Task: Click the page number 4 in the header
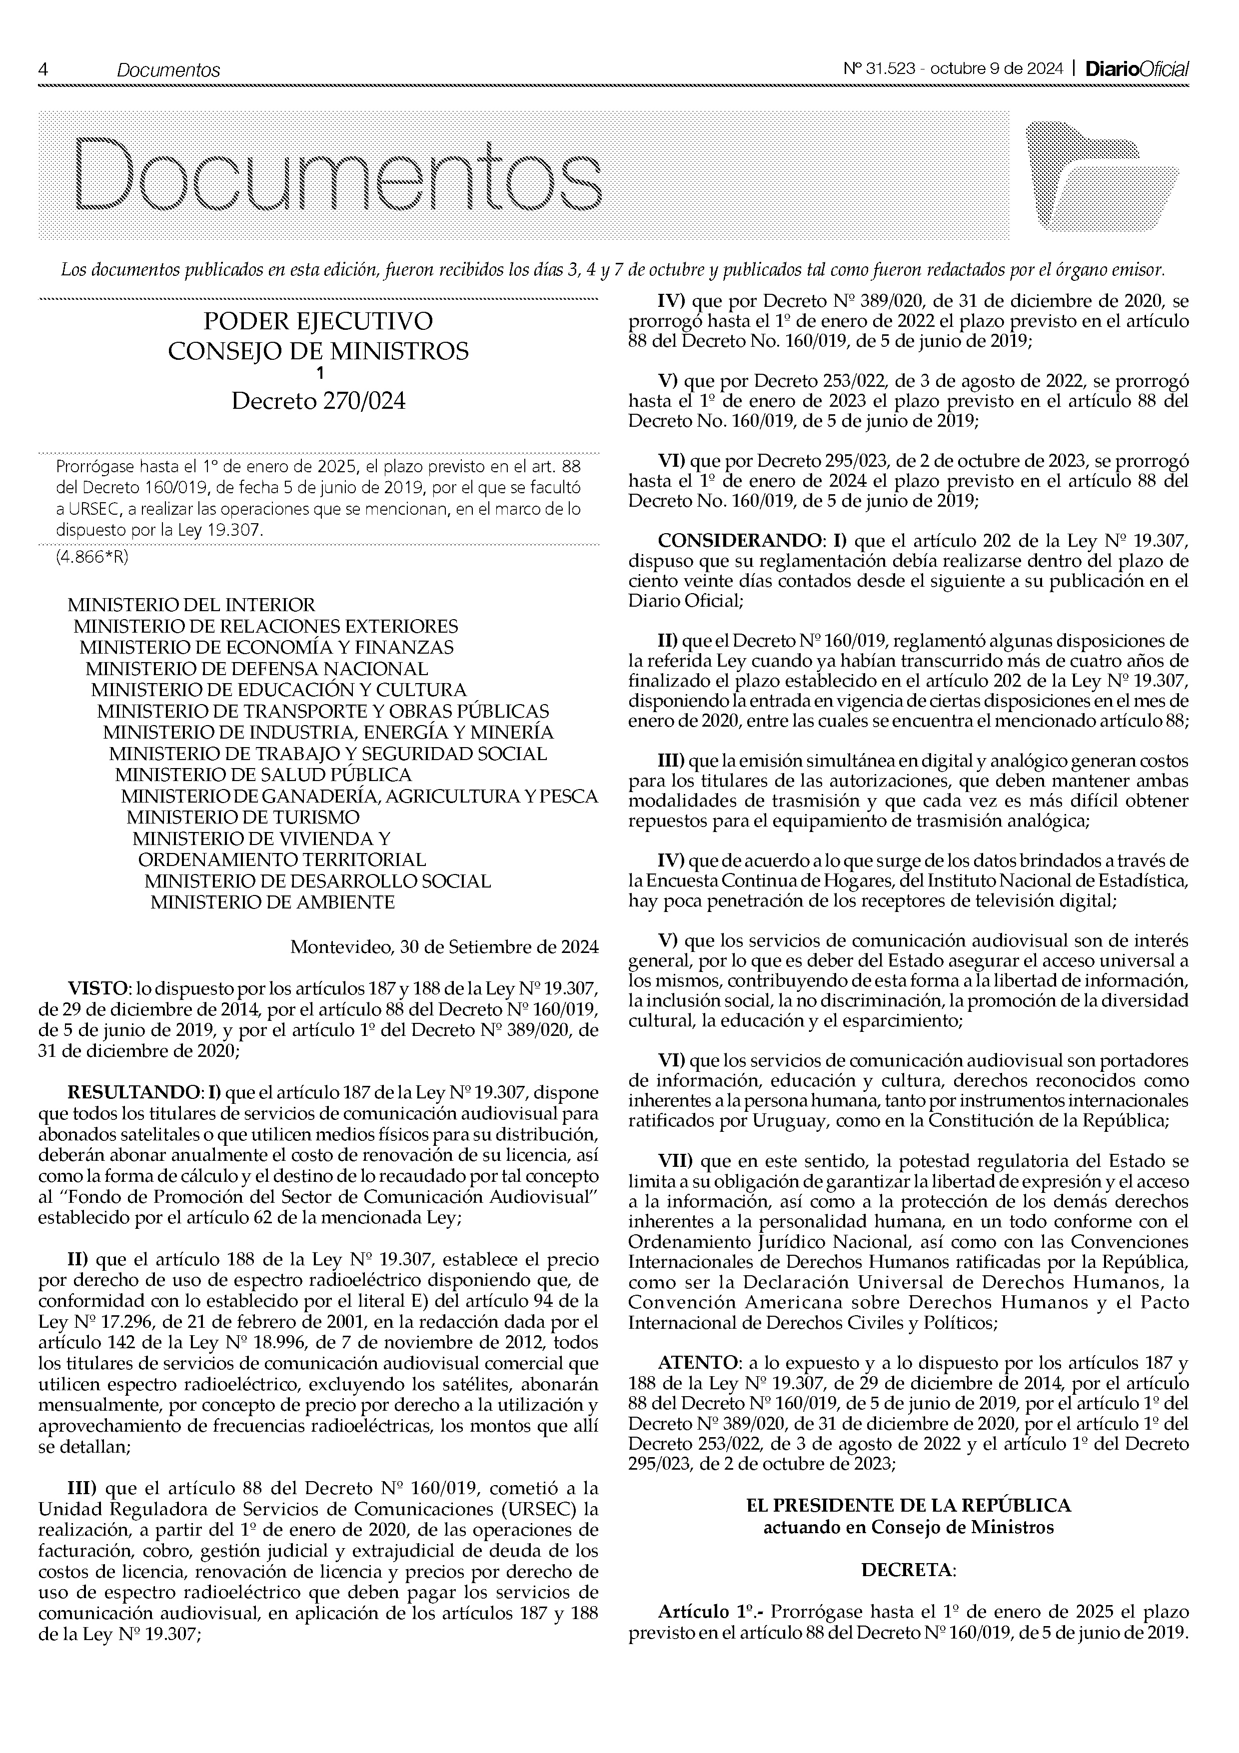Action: point(43,69)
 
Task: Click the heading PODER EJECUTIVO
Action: point(318,321)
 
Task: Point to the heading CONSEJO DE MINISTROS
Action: point(318,351)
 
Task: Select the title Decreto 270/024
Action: point(318,401)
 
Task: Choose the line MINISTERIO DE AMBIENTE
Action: point(272,902)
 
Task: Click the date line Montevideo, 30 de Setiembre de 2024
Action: point(444,947)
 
